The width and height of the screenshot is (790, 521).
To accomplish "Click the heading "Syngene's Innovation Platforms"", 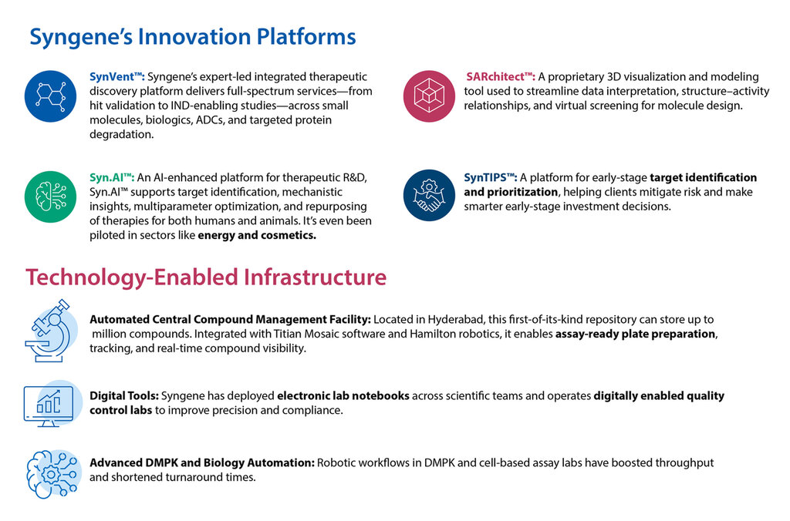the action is (192, 37).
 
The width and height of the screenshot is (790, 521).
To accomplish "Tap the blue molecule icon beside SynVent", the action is (50, 96).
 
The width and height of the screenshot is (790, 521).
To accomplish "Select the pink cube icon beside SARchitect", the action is (429, 96).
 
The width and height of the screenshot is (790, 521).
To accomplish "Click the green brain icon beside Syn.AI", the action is (50, 197).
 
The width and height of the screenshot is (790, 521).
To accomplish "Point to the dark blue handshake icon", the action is (429, 195).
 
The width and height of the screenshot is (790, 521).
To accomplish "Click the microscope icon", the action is (50, 331).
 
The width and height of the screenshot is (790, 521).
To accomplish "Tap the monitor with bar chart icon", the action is (52, 404).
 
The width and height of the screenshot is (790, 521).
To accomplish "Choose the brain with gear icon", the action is (53, 474).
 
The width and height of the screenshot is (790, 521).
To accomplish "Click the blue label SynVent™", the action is (117, 76).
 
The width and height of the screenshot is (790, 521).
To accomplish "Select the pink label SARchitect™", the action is (501, 76).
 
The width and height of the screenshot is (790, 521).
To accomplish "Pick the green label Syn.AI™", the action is (112, 178).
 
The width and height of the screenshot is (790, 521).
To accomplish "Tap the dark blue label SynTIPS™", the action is (491, 178).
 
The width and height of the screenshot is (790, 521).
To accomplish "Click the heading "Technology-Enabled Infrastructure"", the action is (206, 277).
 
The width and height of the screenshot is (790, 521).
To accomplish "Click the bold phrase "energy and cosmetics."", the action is (257, 235).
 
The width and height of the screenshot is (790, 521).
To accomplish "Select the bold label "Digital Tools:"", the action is (124, 395).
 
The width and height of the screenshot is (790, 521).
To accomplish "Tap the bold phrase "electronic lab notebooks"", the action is (343, 395).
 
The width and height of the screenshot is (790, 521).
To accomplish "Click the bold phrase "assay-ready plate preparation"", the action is (636, 334).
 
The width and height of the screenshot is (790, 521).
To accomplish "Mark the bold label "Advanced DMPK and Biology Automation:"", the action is (202, 462).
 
